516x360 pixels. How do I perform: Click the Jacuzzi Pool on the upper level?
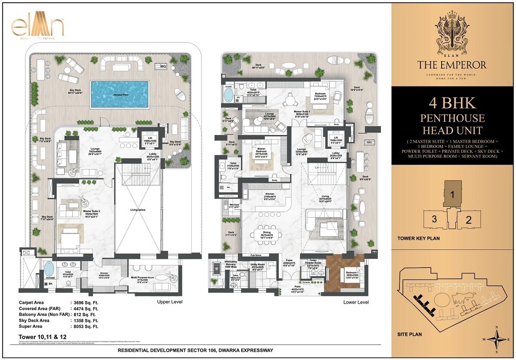coord(120,94)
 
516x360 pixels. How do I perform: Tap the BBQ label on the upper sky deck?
coord(163,67)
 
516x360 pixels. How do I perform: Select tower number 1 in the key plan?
coord(452,194)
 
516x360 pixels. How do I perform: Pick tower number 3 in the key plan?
coord(434,219)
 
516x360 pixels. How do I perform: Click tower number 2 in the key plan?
coord(469,220)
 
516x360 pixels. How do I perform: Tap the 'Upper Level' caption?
coord(169,302)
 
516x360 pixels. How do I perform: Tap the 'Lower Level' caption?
coord(356,302)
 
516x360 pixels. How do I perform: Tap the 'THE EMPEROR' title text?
coord(452,65)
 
